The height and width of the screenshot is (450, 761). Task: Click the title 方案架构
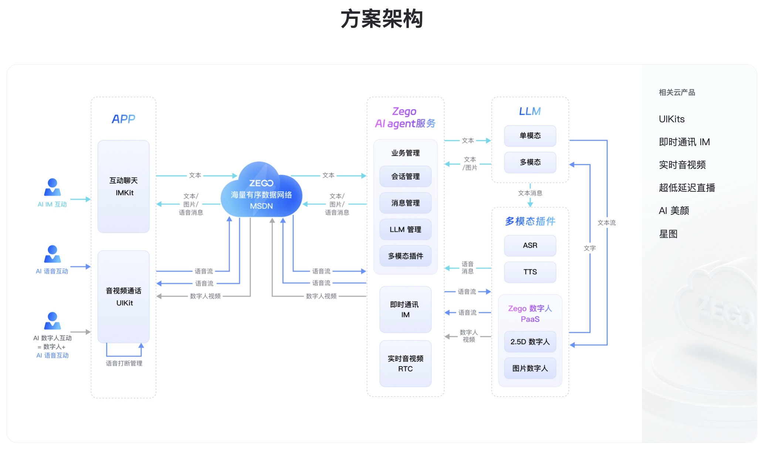click(381, 19)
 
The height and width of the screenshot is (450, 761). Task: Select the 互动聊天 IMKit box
click(124, 186)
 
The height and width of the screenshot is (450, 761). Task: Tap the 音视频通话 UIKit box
click(124, 296)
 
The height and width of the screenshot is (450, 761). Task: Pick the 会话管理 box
click(405, 177)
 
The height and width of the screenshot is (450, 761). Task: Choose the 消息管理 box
click(405, 203)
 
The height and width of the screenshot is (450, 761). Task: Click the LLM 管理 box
click(405, 229)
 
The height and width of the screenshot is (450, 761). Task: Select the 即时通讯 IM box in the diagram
click(405, 309)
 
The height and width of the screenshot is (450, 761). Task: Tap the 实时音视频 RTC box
click(405, 363)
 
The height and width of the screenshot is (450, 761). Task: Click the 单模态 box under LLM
click(530, 136)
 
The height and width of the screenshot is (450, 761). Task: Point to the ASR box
click(530, 245)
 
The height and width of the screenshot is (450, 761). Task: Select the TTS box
click(530, 272)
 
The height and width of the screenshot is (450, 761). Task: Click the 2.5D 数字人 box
click(530, 342)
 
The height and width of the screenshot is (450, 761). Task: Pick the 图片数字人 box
click(530, 368)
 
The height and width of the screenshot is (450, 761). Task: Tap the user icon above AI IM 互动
click(52, 187)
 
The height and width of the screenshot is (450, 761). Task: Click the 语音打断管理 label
click(124, 364)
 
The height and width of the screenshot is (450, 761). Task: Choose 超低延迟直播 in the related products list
click(687, 188)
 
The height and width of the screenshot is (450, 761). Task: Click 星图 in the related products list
click(668, 234)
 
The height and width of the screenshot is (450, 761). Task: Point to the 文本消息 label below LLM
click(530, 193)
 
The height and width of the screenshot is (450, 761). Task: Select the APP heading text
click(124, 119)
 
